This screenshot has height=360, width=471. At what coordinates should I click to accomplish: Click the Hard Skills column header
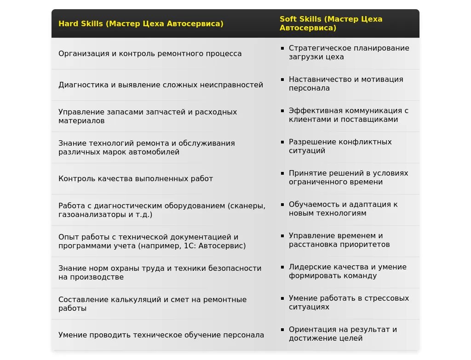click(141, 24)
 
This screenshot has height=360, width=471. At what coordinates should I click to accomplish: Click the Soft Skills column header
click(331, 23)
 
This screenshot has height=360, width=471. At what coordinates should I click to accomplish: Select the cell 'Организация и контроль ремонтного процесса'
click(150, 54)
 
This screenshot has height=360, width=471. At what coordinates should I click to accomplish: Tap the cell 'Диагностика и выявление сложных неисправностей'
click(161, 85)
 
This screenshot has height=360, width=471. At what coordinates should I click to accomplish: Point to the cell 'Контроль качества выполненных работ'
click(136, 179)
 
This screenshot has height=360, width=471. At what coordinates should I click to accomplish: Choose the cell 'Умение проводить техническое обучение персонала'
click(161, 335)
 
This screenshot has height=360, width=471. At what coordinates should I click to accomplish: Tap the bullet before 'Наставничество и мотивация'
click(282, 79)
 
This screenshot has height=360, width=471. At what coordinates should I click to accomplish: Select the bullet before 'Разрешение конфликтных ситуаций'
click(282, 142)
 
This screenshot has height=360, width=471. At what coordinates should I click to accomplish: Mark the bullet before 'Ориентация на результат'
click(282, 329)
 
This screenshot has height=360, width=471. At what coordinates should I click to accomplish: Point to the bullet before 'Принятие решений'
click(282, 173)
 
